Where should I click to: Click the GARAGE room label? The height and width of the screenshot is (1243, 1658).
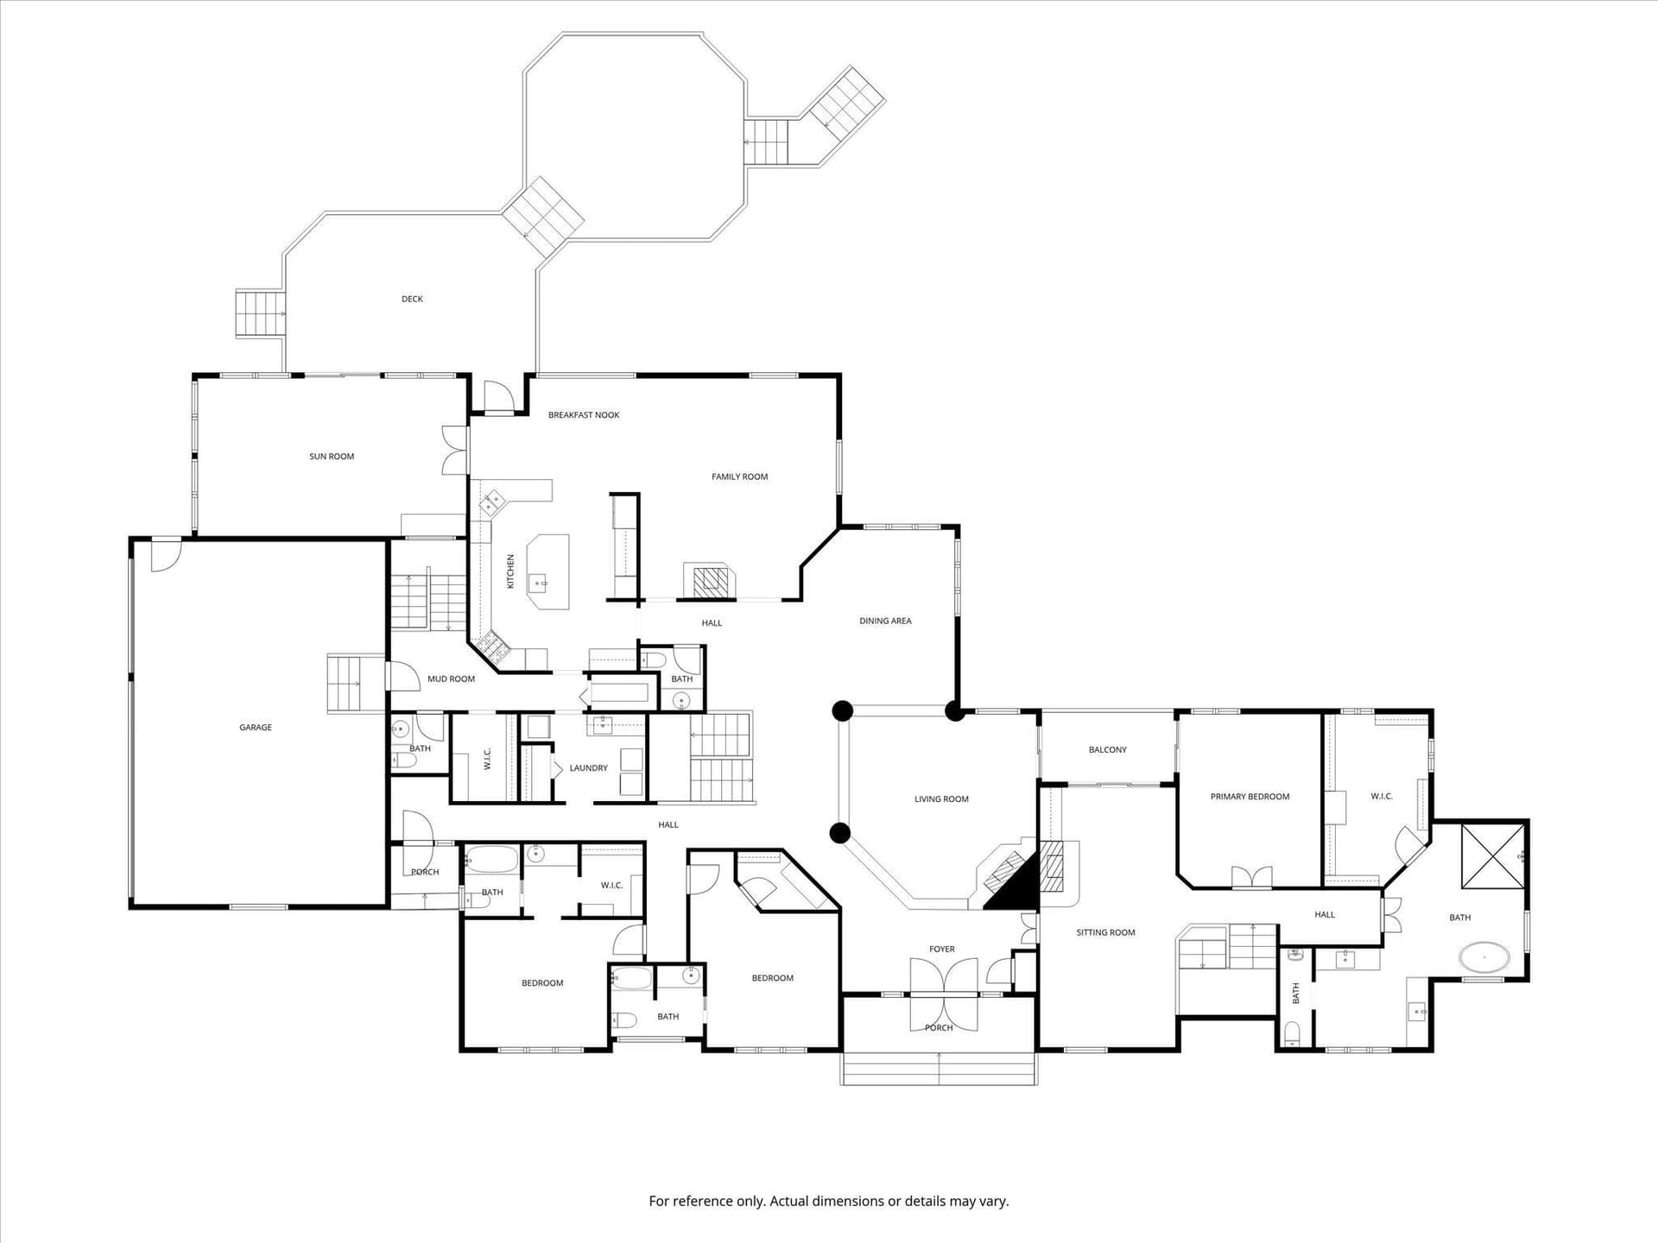[x=256, y=728]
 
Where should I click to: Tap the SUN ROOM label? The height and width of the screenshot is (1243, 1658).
[x=332, y=457]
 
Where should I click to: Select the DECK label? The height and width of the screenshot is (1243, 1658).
[x=412, y=300]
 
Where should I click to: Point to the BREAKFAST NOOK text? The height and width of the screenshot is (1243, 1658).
[x=584, y=415]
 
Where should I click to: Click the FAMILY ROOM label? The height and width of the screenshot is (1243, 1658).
[x=739, y=476]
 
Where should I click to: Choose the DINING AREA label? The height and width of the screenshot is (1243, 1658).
[x=885, y=621]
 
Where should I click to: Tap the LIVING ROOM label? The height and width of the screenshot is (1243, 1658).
[x=941, y=799]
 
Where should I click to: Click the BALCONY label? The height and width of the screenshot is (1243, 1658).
[x=1108, y=750]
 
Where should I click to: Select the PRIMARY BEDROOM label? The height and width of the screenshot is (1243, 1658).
[x=1250, y=797]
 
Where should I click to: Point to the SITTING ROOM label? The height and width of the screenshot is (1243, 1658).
[x=1105, y=932]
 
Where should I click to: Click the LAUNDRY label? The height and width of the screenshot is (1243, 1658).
[x=588, y=768]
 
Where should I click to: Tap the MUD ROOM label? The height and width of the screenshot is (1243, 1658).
[x=451, y=679]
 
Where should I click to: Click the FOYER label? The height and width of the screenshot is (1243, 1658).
[x=942, y=950]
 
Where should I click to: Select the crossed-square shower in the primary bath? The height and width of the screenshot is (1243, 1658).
[x=1493, y=855]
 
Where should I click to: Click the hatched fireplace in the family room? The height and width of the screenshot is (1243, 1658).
[x=711, y=581]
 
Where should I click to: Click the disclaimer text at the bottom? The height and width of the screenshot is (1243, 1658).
[x=829, y=1202]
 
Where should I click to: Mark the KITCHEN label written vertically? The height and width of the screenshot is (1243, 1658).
[x=510, y=571]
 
